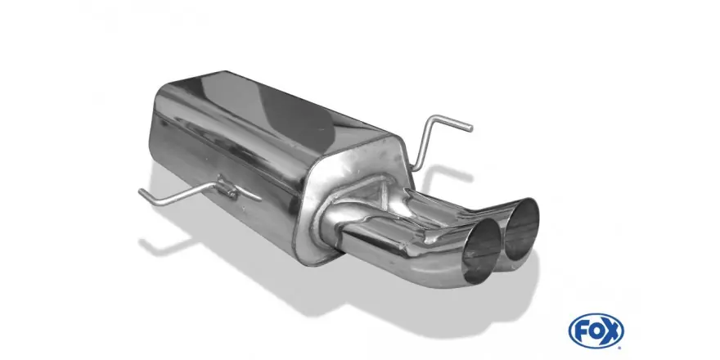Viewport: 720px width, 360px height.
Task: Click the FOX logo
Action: coord(596,331)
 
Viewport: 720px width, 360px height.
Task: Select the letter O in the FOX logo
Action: coord(596,331)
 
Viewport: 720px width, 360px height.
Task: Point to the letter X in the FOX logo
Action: coord(612,331)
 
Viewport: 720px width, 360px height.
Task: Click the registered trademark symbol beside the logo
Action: coord(622,346)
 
